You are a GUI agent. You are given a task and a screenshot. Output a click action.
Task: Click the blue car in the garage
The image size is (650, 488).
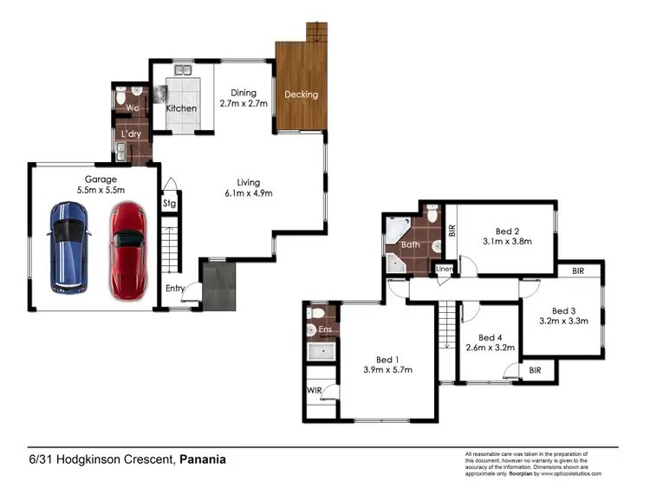click(x=68, y=247)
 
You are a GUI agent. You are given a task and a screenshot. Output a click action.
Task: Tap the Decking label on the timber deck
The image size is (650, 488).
click(x=301, y=94)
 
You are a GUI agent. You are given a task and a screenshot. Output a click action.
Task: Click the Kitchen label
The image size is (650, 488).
click(x=181, y=109)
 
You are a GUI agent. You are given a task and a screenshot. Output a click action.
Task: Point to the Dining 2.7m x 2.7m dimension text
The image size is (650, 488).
click(x=242, y=103)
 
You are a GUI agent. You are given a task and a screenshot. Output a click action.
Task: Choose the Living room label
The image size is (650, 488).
click(x=249, y=182)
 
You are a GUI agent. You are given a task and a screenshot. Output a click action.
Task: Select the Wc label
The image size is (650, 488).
click(x=133, y=108)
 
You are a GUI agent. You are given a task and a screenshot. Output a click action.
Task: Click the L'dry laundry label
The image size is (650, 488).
click(x=132, y=134)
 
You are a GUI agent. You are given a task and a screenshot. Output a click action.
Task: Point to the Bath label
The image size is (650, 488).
click(x=410, y=245)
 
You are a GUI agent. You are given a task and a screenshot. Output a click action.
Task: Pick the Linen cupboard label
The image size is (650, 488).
click(x=445, y=270)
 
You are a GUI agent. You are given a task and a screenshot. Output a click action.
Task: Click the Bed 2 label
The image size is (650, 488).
click(x=507, y=231)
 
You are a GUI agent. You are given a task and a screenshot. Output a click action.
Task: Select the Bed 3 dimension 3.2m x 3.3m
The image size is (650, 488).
click(x=563, y=321)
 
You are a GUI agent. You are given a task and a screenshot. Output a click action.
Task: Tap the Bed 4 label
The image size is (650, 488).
click(x=490, y=338)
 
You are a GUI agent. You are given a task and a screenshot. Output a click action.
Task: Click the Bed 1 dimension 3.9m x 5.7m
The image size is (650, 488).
click(x=387, y=370)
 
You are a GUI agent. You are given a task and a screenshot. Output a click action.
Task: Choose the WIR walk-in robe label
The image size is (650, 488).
click(x=315, y=391)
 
